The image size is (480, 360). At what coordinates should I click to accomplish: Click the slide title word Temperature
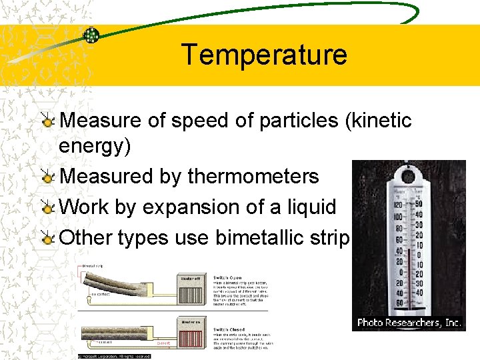264,54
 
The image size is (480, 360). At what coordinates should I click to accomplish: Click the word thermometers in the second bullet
253,177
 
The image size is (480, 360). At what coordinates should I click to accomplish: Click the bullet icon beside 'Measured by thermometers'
48,177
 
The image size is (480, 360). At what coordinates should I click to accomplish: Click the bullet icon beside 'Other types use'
48,238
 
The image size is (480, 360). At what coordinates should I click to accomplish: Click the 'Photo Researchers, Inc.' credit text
409,323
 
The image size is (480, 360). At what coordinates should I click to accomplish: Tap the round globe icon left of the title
91,35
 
